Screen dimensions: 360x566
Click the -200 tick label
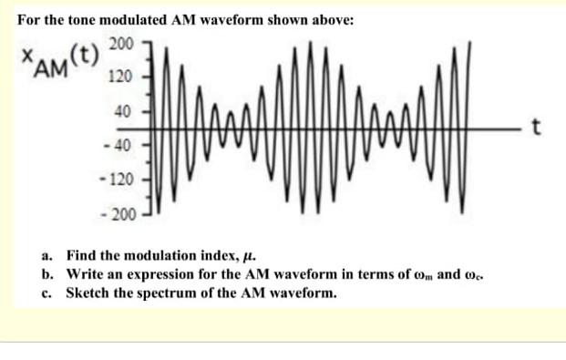point(119,215)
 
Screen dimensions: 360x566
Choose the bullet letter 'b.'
point(46,274)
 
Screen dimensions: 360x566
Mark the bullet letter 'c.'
point(46,293)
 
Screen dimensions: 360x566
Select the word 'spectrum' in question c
point(164,293)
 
